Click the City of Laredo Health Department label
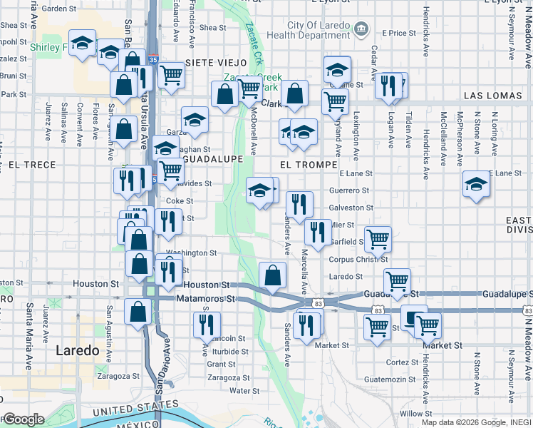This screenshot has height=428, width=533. click(x=309, y=29)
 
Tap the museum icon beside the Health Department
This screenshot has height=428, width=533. click(x=361, y=29)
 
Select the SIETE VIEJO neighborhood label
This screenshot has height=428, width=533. click(x=215, y=63)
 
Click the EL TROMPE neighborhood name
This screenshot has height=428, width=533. click(x=308, y=164)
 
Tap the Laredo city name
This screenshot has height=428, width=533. click(x=77, y=350)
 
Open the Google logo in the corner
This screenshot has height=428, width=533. click(x=23, y=419)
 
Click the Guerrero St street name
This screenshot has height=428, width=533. click(x=349, y=190)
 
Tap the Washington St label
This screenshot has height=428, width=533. click(x=191, y=253)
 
